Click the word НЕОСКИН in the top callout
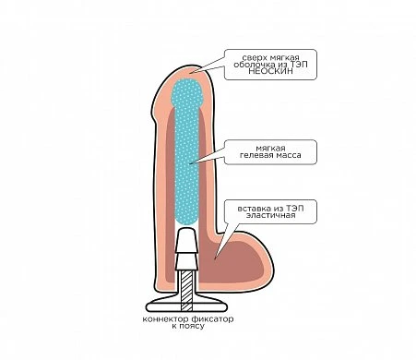click(270, 71)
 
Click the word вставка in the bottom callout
click(255, 209)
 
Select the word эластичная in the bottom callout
click(270, 215)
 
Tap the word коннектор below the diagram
click(165, 319)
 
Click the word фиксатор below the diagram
click(212, 319)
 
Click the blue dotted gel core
click(187, 150)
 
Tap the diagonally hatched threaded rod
click(186, 290)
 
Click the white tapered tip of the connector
click(186, 239)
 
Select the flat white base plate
click(186, 306)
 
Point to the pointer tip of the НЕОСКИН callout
click(190, 73)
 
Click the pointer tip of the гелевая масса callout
click(190, 163)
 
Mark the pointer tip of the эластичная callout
click(216, 257)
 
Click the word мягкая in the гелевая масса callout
click(270, 149)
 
